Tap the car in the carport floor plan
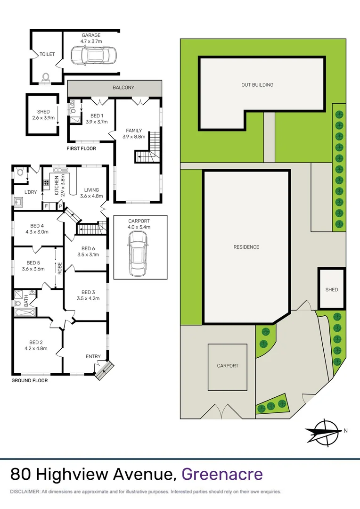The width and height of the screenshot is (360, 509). click(x=138, y=254)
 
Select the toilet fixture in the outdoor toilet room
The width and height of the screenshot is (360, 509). click(x=46, y=78)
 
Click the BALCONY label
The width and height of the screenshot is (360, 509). click(x=123, y=88)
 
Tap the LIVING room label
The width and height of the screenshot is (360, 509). click(x=91, y=190)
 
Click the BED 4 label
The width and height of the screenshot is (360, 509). click(x=34, y=225)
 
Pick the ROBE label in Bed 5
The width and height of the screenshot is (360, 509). click(x=60, y=268)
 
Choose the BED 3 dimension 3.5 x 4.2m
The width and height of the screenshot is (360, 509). click(x=88, y=298)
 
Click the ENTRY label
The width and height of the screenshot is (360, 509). click(x=93, y=356)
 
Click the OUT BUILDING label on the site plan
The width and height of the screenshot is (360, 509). click(x=257, y=85)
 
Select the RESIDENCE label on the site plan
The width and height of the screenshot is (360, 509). click(x=246, y=247)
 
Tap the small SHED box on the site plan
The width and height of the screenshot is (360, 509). click(x=332, y=289)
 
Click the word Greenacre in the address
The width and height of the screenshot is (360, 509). click(x=222, y=474)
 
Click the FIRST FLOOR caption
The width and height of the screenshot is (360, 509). click(x=81, y=148)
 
